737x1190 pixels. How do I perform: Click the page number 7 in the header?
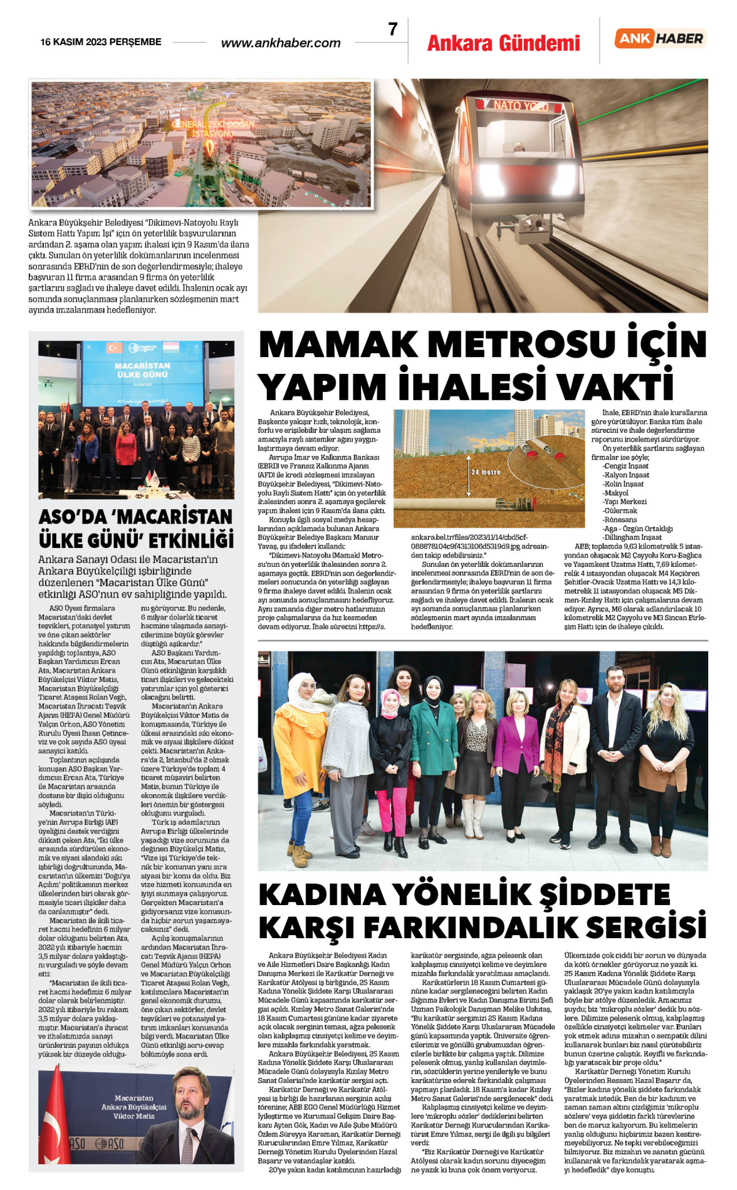pos(393,29)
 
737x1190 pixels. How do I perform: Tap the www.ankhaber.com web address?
pos(281,43)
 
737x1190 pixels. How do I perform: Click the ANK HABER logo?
pos(661,39)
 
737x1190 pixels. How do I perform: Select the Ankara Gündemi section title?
pos(503,43)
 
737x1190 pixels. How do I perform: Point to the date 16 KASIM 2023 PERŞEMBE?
pos(101,42)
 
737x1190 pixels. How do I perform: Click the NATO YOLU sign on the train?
pos(520,105)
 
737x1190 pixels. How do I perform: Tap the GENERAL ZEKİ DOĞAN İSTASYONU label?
pos(213,128)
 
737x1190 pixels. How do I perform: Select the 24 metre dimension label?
pos(486,472)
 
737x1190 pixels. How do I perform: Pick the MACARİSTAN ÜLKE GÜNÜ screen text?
pos(142,370)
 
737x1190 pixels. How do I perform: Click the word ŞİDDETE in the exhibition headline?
pos(605,895)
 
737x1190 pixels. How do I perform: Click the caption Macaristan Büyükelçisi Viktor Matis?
pos(134,1107)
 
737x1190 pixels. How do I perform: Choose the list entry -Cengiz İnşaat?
pos(625,466)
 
